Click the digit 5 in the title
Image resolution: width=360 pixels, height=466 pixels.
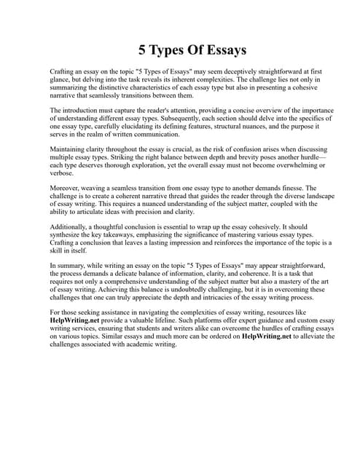tap(144, 50)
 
